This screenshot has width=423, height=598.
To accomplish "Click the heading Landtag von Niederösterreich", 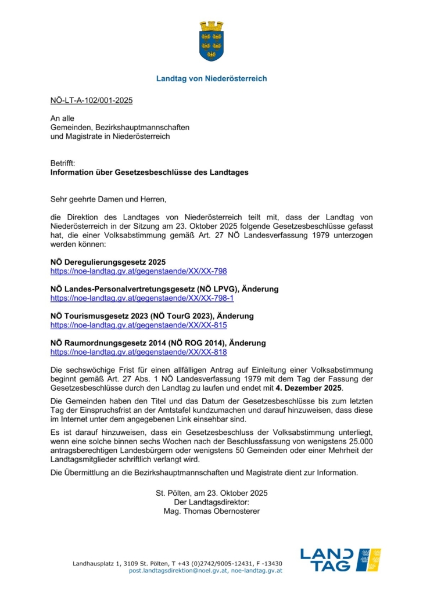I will pos(212,78).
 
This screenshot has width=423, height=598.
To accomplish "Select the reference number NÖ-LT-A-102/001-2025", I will pos(91,100).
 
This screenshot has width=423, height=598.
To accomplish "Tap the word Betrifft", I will pos(63,164).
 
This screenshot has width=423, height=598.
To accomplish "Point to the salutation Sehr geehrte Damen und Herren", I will pos(108,199).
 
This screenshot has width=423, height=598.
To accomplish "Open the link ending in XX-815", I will pos(138,325).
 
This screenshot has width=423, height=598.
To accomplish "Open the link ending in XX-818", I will pos(138,352).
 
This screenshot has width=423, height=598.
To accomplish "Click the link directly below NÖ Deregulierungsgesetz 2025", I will pos(138,271).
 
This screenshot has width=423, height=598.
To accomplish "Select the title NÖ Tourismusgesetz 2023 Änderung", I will pos(152,316).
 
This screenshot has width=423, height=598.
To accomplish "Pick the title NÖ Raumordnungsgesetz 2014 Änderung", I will pos(158,343).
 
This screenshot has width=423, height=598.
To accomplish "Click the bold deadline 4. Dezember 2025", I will pos(309,388).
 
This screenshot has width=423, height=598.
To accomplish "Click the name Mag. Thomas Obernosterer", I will pos(212,511).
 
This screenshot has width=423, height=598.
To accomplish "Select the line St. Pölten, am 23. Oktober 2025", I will pos(212,493).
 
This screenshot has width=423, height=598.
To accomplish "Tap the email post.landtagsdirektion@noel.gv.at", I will pos(178,571).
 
